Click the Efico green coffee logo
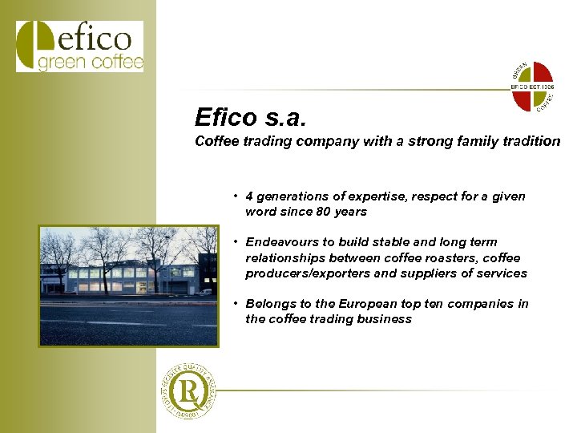(79, 47)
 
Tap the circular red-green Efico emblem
(533, 85)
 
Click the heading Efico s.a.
(250, 118)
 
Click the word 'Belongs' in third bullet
(269, 304)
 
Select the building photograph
(128, 285)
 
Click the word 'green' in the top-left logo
(61, 63)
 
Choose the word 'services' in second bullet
(502, 273)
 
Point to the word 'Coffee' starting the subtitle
(215, 141)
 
